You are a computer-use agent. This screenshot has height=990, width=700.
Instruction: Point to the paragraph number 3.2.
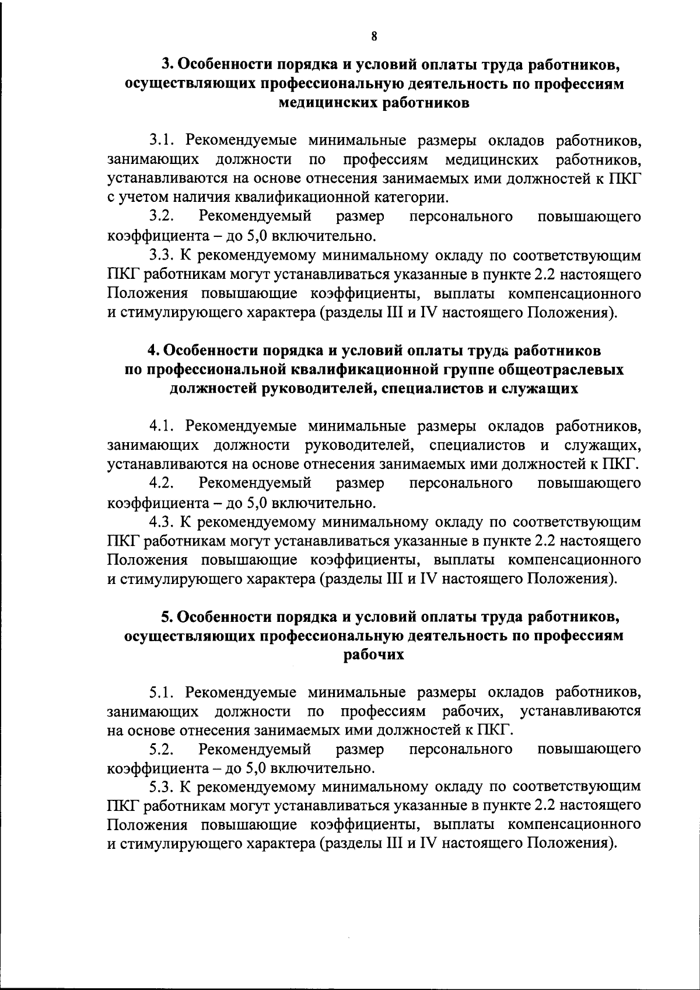(162, 216)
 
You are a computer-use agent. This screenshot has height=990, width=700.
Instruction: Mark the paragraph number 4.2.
(162, 483)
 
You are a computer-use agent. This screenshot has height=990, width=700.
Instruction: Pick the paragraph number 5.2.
(162, 748)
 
